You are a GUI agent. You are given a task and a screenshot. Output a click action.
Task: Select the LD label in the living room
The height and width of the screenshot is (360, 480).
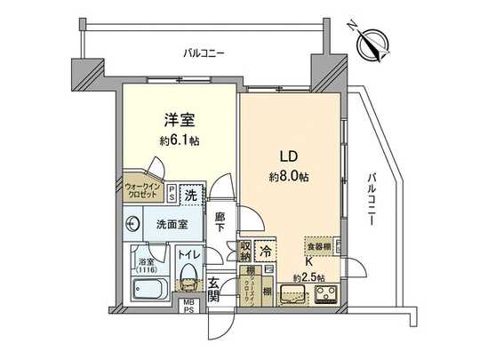pos(289,156)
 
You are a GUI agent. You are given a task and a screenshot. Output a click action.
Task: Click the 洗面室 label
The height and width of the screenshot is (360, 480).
pos(171,225)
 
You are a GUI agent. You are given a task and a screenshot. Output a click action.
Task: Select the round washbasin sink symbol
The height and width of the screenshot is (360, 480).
pos(134,223)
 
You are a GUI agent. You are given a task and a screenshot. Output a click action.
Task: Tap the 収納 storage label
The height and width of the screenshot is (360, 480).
pos(244,251)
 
